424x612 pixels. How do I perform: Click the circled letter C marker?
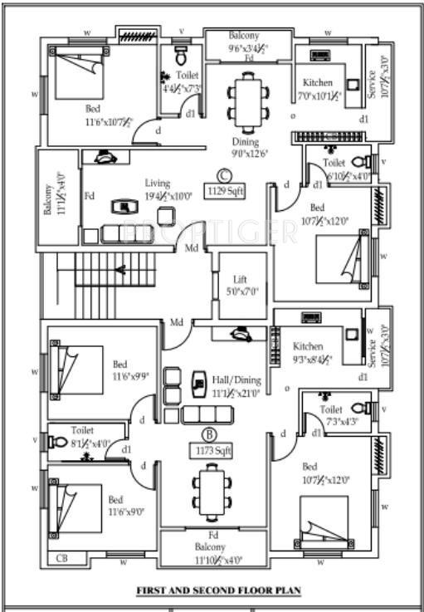point(223,174)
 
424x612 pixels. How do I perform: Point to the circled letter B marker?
point(210,432)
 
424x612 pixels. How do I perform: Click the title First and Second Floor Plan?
point(218,591)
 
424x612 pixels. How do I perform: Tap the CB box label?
point(61,559)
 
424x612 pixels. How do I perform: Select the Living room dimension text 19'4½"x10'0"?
point(168,196)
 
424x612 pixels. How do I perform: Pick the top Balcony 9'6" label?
point(244,36)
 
